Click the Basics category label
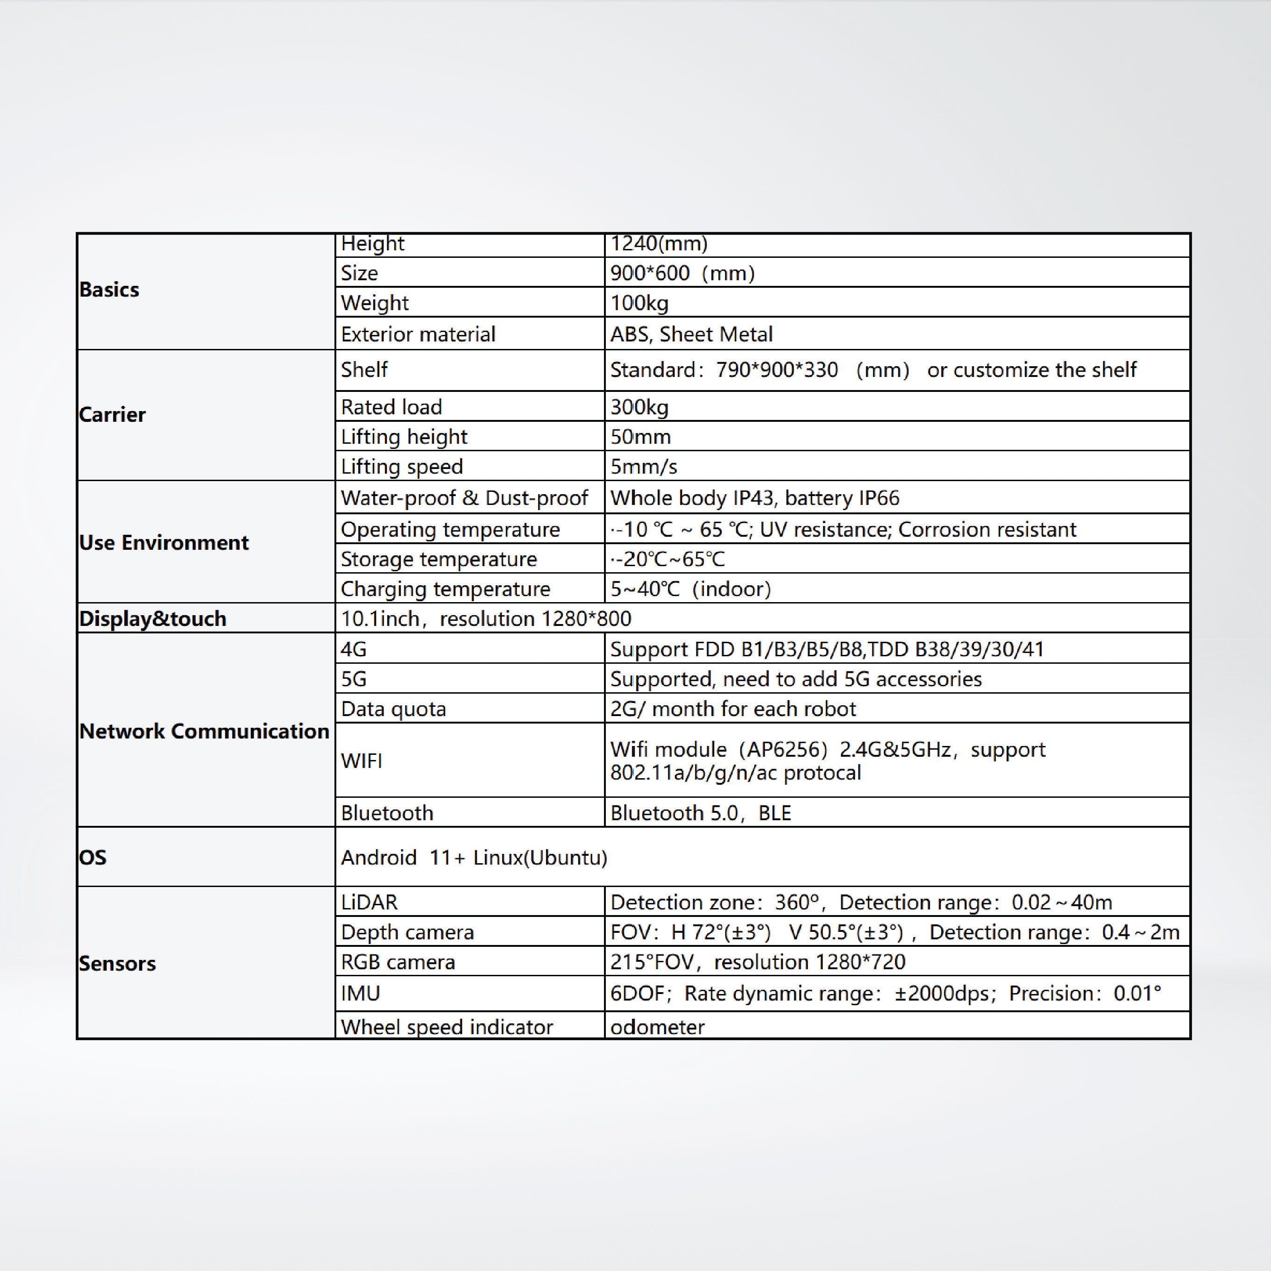109,290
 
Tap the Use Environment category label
164,542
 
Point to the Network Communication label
204,731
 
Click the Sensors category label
118,963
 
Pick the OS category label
93,857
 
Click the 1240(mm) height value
659,243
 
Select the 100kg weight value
639,303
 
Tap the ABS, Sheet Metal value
691,334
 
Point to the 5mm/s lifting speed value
643,467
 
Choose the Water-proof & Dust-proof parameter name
464,498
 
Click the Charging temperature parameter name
445,589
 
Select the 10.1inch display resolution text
485,618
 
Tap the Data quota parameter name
393,709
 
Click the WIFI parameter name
361,760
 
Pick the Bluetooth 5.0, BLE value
700,813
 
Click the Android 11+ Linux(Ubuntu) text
474,857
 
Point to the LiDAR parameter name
369,902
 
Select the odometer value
657,1027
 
